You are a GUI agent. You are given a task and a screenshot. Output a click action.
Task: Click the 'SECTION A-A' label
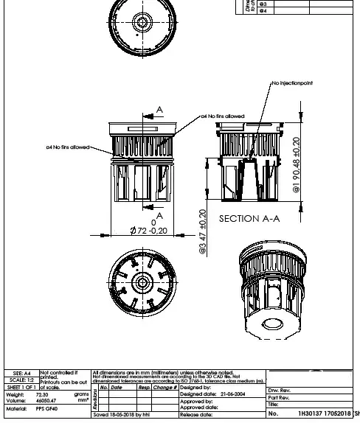click(x=249, y=218)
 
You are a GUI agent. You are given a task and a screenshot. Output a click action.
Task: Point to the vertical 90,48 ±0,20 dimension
click(x=295, y=165)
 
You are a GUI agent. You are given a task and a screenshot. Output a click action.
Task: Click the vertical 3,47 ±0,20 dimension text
click(x=202, y=231)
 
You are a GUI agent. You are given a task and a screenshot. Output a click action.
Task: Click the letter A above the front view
click(x=159, y=111)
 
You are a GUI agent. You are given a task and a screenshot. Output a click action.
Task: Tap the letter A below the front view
click(x=159, y=216)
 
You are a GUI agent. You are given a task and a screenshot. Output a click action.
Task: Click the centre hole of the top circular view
click(x=142, y=22)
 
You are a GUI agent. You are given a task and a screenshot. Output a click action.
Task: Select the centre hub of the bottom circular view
click(x=140, y=282)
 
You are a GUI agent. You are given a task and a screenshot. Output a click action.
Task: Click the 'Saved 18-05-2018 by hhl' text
click(x=122, y=415)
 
